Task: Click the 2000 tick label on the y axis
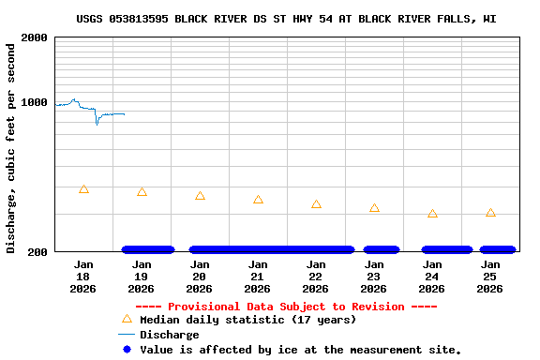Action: [34, 37]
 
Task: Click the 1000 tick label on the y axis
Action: [34, 102]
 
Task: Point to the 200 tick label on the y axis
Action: [37, 252]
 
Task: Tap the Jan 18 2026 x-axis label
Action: [83, 277]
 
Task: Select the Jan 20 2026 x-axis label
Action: [200, 277]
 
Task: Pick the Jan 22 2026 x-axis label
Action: [316, 277]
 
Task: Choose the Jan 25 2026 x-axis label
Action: [490, 277]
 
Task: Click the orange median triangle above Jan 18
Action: [83, 189]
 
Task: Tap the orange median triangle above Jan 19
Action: [142, 192]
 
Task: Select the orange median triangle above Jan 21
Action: [258, 200]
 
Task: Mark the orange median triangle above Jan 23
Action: [374, 208]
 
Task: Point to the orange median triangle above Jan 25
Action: [490, 213]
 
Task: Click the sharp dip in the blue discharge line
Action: [97, 123]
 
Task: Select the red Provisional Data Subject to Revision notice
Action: [286, 307]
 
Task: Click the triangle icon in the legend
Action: [127, 320]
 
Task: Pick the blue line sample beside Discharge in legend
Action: [127, 335]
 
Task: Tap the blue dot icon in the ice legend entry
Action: [127, 350]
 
